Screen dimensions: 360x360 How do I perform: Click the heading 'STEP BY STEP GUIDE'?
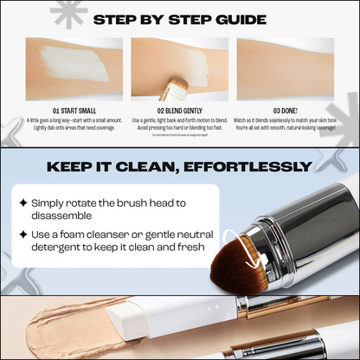click(x=179, y=18)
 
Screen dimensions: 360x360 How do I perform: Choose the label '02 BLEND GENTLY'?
click(x=180, y=110)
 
